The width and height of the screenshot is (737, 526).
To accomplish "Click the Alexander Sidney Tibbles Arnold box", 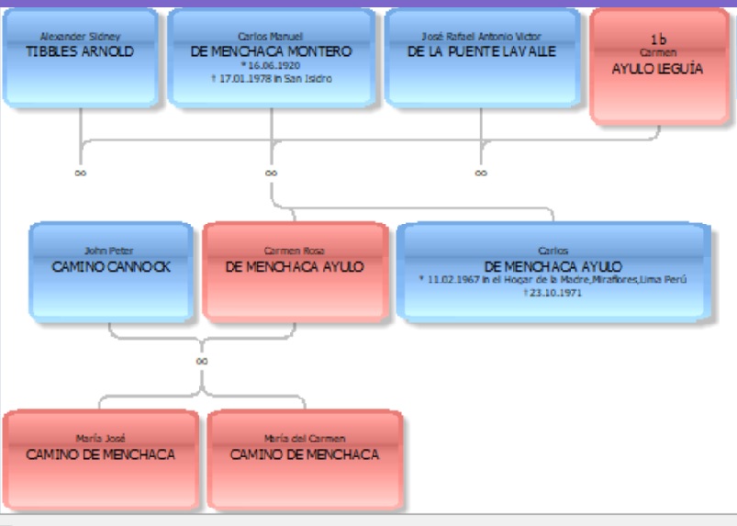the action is click(x=81, y=58).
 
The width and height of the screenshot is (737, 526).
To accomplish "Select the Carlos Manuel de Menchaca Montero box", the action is click(x=271, y=58).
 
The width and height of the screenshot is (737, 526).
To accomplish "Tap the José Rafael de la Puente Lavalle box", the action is click(x=482, y=58).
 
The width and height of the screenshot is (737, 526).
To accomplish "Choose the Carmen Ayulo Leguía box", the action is click(x=660, y=67).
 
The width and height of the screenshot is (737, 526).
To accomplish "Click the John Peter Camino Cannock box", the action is click(x=111, y=272).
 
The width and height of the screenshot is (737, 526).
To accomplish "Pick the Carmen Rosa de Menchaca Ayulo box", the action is click(x=296, y=272).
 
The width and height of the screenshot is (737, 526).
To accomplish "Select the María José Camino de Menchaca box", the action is click(x=101, y=460).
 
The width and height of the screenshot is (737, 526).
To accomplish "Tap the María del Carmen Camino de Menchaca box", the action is click(x=305, y=460).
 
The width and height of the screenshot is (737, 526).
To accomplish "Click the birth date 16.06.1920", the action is click(x=271, y=65).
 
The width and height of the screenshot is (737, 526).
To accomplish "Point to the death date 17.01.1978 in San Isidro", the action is click(x=272, y=79).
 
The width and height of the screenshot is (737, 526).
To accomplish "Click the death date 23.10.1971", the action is click(x=553, y=293).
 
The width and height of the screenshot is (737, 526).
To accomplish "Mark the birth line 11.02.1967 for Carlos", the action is click(x=553, y=280).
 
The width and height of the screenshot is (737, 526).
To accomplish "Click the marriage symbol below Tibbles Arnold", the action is click(x=81, y=173).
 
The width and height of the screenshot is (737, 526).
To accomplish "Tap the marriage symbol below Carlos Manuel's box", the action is click(x=271, y=173).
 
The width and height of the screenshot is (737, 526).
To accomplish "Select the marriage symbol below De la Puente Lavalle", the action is click(x=481, y=173).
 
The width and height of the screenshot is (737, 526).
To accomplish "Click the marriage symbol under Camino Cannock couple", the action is click(x=202, y=361).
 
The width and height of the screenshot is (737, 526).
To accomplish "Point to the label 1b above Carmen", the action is click(x=658, y=39).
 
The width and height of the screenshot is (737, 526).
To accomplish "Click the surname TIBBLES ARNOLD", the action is click(x=80, y=51).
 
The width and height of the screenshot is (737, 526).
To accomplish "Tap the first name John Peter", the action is click(x=108, y=251).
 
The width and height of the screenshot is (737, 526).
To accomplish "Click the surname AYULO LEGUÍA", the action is click(x=657, y=69).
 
